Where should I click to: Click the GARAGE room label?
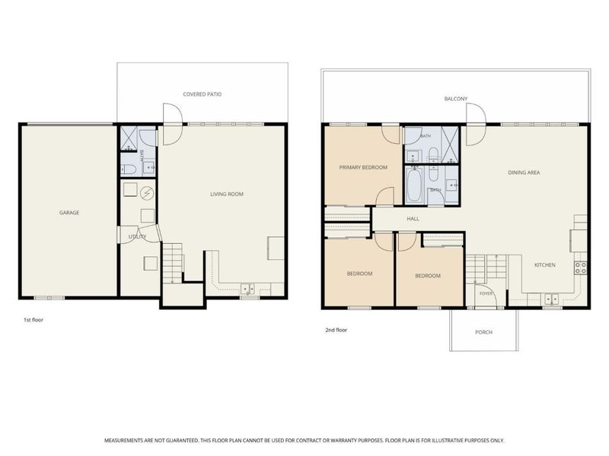point(69,213)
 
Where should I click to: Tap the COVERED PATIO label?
point(202,94)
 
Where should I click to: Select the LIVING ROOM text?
point(227,194)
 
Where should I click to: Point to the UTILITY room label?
point(138,236)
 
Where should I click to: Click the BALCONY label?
point(456,99)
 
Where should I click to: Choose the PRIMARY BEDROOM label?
point(363,167)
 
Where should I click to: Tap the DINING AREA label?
point(524,173)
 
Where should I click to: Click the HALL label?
point(413,219)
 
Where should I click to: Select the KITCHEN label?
point(545,264)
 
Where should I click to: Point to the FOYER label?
point(486,293)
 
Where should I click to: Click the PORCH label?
point(484,332)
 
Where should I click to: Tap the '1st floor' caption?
point(33,320)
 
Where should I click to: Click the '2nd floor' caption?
point(336,330)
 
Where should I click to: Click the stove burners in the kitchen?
point(581,268)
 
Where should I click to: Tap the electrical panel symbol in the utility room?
point(147,192)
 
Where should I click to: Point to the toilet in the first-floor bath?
point(128,169)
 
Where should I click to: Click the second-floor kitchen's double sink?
point(551,299)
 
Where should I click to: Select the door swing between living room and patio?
point(173,124)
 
